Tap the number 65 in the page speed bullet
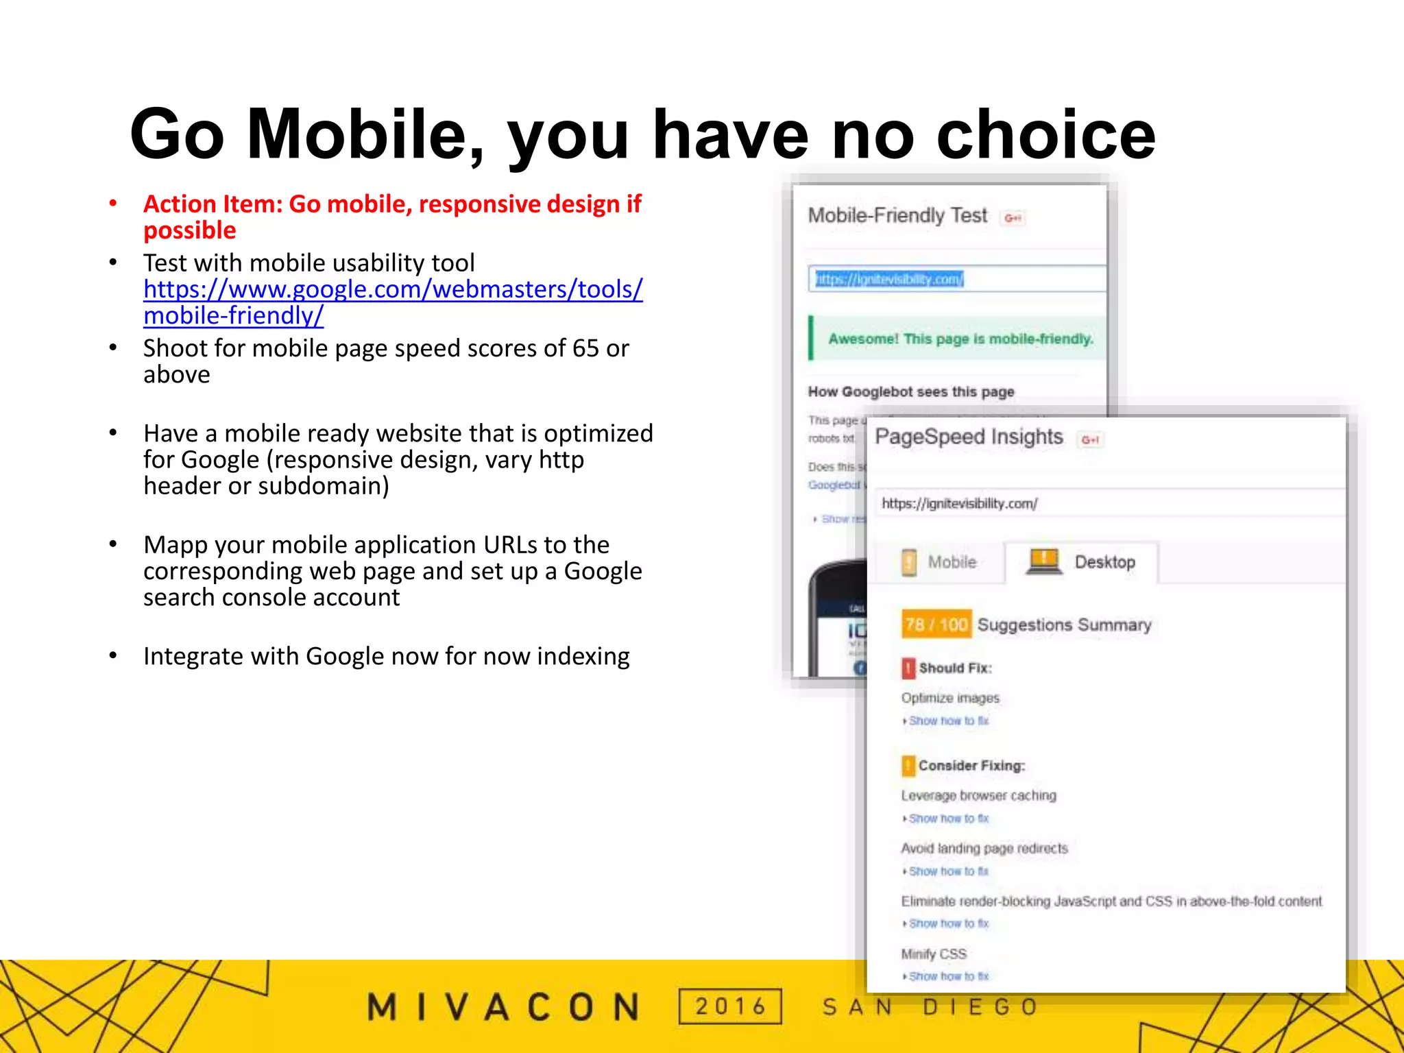click(585, 348)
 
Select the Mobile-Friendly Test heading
click(897, 216)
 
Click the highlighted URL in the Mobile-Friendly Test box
click(889, 279)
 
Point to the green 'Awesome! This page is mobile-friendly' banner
click(960, 339)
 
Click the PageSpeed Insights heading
click(969, 437)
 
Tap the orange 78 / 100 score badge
click(936, 624)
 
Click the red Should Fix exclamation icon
click(908, 668)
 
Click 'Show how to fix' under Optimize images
click(948, 721)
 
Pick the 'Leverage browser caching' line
click(978, 795)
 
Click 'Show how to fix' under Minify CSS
click(948, 976)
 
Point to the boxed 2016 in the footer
click(730, 1006)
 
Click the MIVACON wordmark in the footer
click(504, 1007)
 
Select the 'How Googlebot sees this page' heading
click(910, 391)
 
